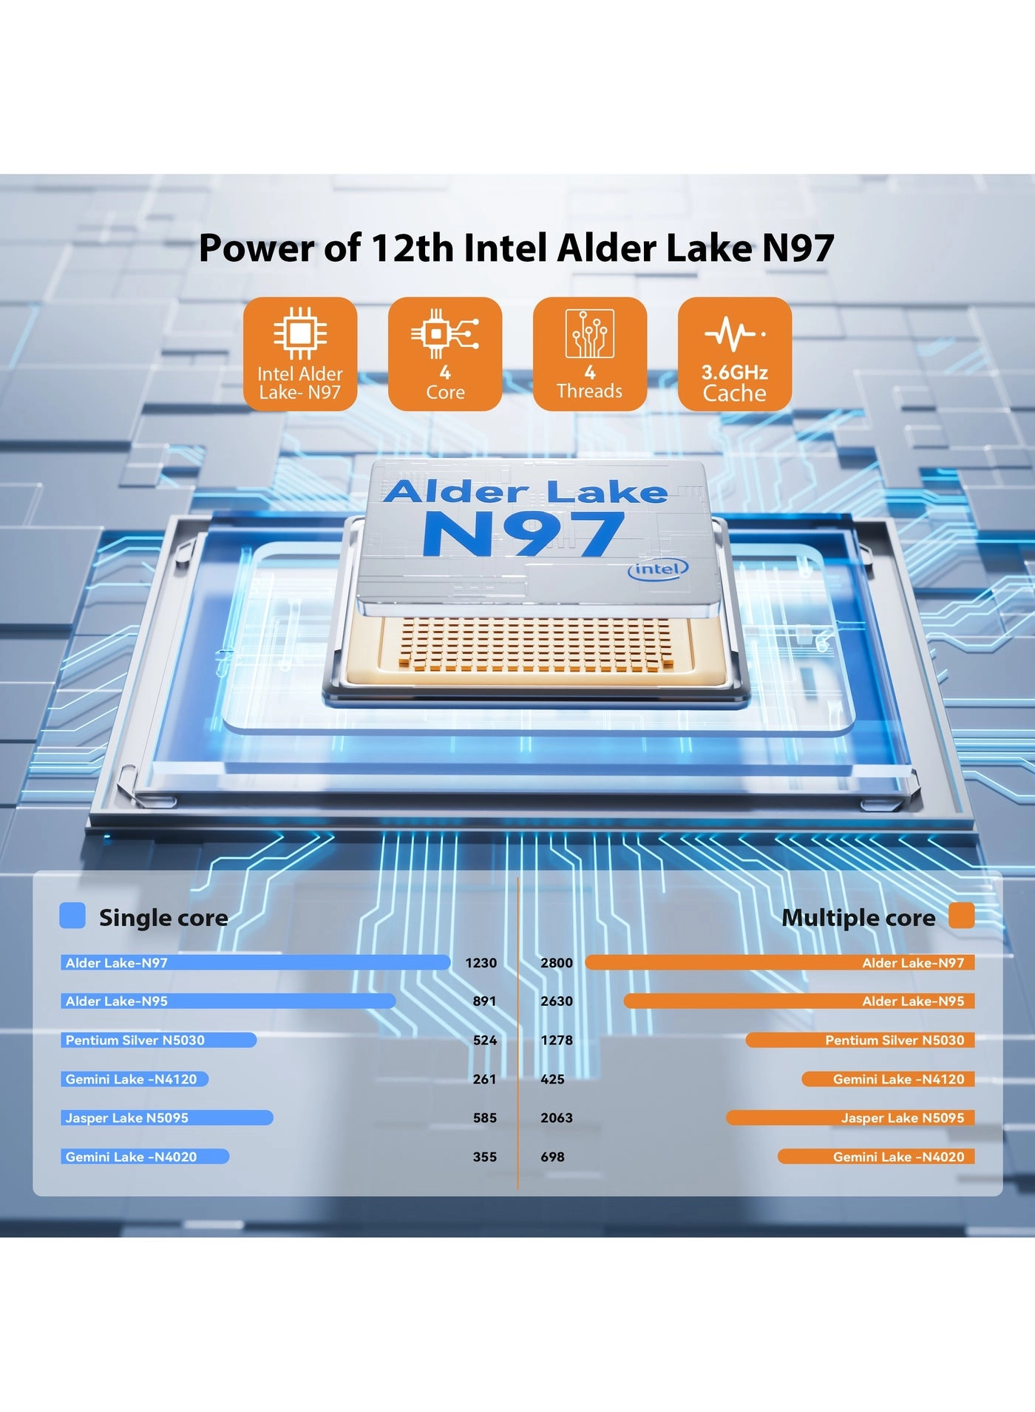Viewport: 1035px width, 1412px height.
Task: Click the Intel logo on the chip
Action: (658, 569)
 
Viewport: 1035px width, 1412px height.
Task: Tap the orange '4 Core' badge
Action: (445, 354)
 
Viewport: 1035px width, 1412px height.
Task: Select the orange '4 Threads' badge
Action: (590, 354)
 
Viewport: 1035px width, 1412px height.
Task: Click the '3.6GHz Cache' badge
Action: (735, 354)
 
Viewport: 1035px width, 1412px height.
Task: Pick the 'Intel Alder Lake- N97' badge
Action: (300, 354)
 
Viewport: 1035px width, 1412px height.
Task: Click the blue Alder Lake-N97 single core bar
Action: (255, 962)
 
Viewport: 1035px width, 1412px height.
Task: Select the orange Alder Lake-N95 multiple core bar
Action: (798, 1001)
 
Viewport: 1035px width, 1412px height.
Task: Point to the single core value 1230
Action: (481, 963)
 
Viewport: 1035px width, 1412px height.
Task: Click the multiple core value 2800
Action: (557, 963)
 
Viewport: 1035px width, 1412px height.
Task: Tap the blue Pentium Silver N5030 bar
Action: (158, 1040)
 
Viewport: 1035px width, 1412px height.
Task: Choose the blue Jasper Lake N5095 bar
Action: (166, 1118)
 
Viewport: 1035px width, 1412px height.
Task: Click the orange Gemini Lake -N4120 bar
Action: (888, 1079)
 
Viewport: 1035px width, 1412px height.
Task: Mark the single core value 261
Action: (484, 1079)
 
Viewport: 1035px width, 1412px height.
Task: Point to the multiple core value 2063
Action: (557, 1118)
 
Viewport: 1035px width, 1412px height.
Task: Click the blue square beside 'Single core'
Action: (72, 915)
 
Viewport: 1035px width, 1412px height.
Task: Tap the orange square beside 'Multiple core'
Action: (961, 915)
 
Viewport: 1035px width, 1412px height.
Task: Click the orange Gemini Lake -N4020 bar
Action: (876, 1157)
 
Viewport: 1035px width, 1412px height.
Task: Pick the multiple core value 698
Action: (552, 1157)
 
